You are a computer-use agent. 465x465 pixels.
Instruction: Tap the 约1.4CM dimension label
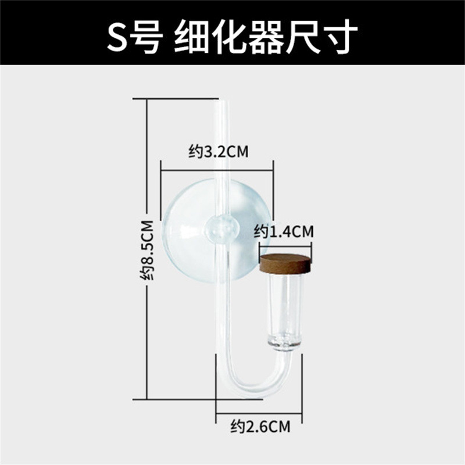coord(284,232)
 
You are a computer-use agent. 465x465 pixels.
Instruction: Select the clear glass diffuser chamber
coord(285,305)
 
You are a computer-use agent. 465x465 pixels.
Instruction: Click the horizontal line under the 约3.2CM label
coord(217,170)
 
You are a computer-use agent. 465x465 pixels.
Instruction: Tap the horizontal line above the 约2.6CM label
coord(258,413)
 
